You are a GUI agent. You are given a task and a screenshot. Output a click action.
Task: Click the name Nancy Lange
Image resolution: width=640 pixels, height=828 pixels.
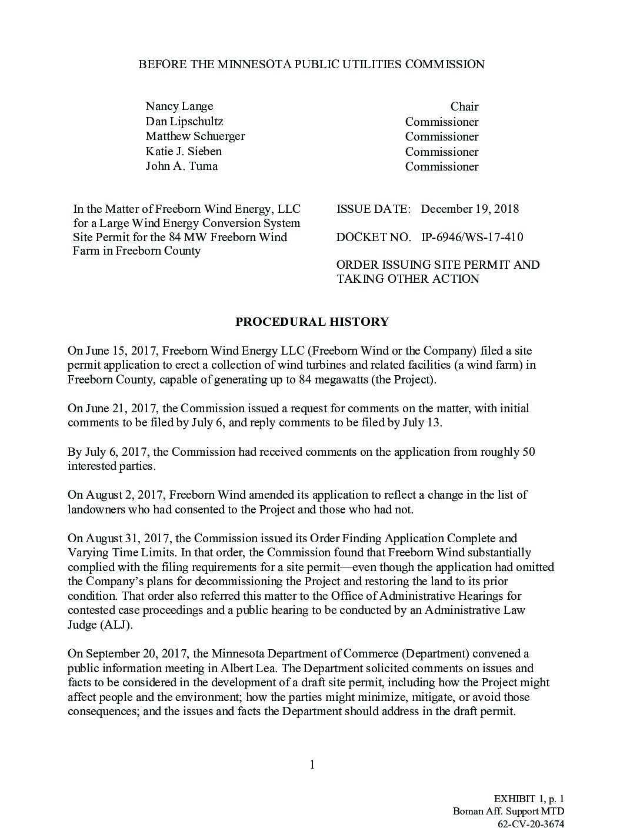(179, 106)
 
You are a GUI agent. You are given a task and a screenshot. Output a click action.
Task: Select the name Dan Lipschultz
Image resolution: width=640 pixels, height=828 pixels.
(184, 122)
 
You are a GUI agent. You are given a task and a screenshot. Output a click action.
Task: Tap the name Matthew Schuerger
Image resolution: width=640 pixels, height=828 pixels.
(195, 136)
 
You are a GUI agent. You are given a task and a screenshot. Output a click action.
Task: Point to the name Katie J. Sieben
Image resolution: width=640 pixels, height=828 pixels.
(184, 151)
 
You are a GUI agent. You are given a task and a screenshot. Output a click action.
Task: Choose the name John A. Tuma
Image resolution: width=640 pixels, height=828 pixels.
(182, 166)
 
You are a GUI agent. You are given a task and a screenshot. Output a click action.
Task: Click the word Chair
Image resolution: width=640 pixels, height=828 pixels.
(464, 107)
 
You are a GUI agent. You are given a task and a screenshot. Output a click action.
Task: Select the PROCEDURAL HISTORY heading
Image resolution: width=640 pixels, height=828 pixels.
(312, 322)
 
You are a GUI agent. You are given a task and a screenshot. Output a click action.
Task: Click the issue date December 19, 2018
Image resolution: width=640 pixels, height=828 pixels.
(470, 209)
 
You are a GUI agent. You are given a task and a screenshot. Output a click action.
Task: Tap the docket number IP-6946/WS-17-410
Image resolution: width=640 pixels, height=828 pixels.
(472, 238)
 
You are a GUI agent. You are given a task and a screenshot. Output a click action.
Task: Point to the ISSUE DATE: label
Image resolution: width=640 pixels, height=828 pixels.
(374, 209)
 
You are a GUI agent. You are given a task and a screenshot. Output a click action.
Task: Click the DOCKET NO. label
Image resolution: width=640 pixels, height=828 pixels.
(374, 238)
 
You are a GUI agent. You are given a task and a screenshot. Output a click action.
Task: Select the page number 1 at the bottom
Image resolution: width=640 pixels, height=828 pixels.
(312, 765)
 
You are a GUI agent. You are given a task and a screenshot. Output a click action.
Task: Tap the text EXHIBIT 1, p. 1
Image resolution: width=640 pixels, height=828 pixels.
(529, 799)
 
